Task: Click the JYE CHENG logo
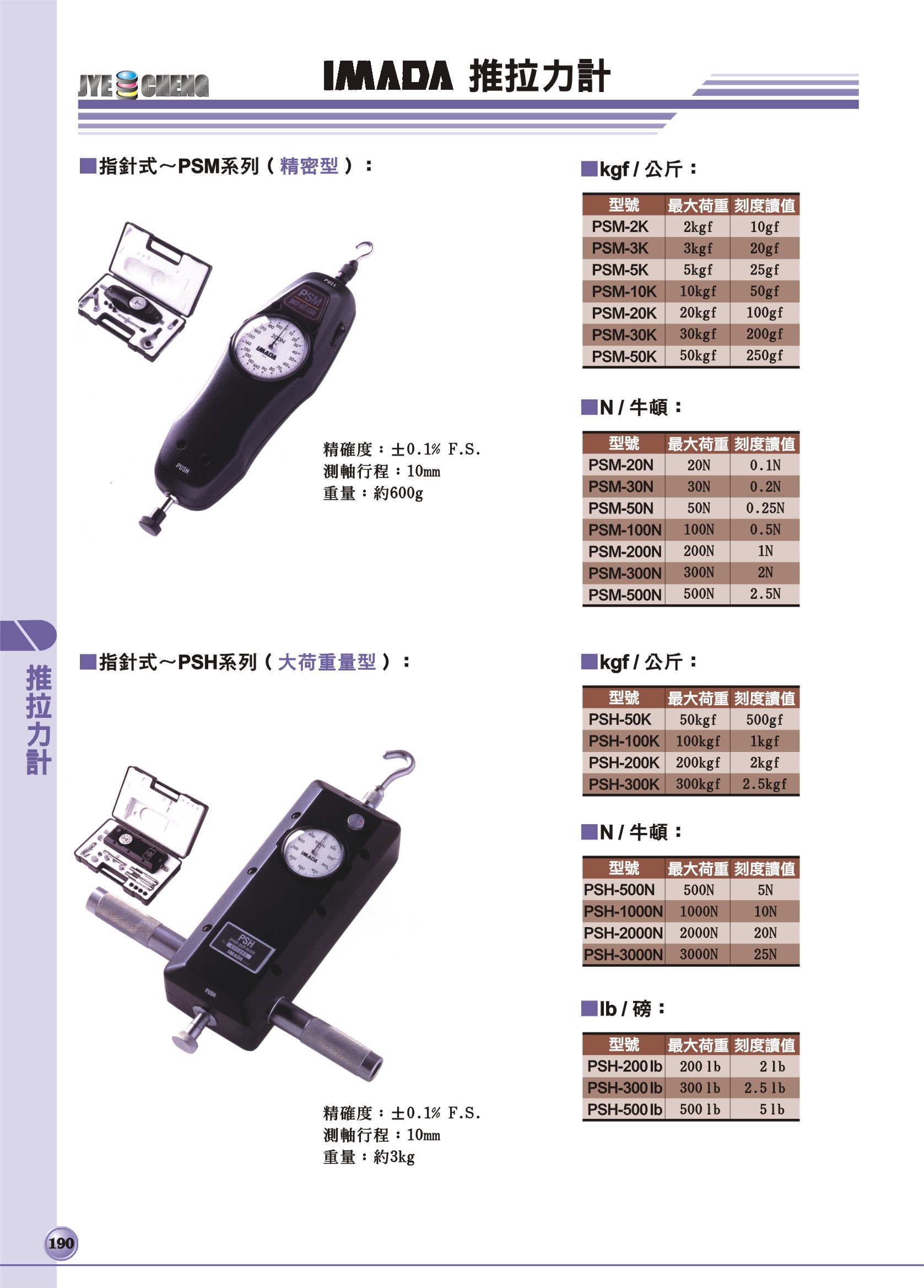pos(144,85)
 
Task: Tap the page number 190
pos(61,1243)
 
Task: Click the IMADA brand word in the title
pos(388,76)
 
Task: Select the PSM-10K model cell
pos(624,291)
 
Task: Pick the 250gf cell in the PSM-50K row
pos(764,355)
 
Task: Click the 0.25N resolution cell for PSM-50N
pos(764,508)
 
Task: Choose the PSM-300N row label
pos(624,572)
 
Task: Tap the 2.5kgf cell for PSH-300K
pos(764,784)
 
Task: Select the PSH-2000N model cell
pos(624,933)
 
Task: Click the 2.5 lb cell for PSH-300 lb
pos(764,1087)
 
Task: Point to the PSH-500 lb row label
pos(624,1109)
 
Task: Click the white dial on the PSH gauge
pos(312,852)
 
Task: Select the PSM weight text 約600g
pos(398,493)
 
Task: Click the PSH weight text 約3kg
pos(394,1157)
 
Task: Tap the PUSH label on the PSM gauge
pos(182,468)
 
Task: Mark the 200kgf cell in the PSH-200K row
pos(698,762)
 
